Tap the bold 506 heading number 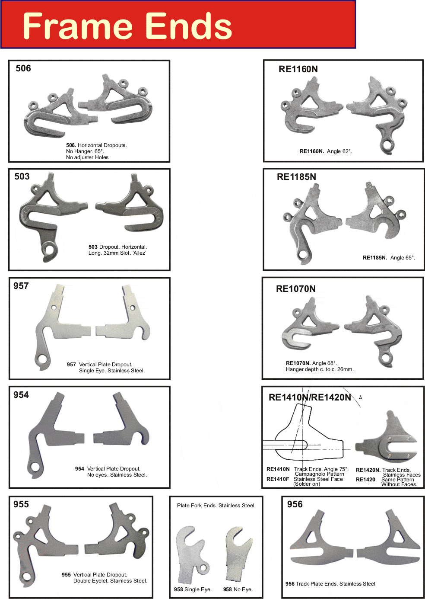pyautogui.click(x=23, y=68)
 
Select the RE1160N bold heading pyautogui.click(x=298, y=69)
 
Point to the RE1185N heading pyautogui.click(x=296, y=177)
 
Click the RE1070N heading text pyautogui.click(x=296, y=289)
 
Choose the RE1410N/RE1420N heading pyautogui.click(x=310, y=397)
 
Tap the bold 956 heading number pyautogui.click(x=295, y=504)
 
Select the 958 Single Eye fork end pyautogui.click(x=191, y=554)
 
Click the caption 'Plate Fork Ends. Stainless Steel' pyautogui.click(x=216, y=506)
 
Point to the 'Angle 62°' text pyautogui.click(x=339, y=151)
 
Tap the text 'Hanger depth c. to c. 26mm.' pyautogui.click(x=320, y=369)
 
